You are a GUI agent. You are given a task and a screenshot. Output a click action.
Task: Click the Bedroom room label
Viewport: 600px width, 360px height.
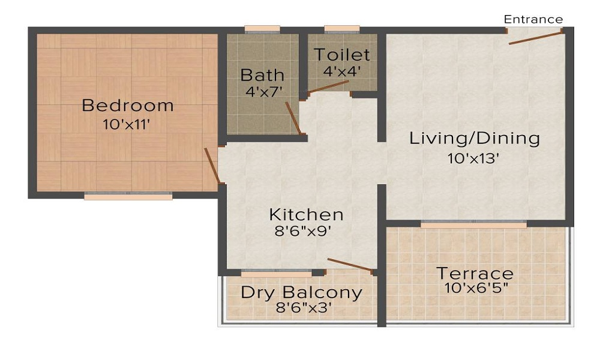pyautogui.click(x=127, y=106)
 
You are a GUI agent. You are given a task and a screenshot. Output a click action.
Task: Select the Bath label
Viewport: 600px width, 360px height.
pyautogui.click(x=262, y=75)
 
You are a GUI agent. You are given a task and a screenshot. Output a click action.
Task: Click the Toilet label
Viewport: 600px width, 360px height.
pyautogui.click(x=343, y=55)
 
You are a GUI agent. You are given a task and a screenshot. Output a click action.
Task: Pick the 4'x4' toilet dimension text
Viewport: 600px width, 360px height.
pyautogui.click(x=343, y=71)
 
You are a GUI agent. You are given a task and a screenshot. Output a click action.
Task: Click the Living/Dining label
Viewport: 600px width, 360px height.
pyautogui.click(x=475, y=139)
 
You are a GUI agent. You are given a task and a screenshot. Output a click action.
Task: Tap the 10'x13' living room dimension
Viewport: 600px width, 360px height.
pyautogui.click(x=473, y=158)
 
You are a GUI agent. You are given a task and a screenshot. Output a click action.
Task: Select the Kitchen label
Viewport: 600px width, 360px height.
pyautogui.click(x=306, y=214)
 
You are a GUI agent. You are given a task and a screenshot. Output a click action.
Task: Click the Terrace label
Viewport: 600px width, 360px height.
pyautogui.click(x=475, y=274)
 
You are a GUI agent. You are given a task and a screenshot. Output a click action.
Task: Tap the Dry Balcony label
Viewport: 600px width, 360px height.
pyautogui.click(x=301, y=293)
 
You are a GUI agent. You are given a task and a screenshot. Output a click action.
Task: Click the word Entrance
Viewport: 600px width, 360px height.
pyautogui.click(x=533, y=19)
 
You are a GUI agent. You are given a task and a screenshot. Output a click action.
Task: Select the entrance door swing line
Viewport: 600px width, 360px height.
pyautogui.click(x=536, y=37)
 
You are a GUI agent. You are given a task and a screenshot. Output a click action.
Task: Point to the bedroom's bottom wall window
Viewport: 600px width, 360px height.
pyautogui.click(x=128, y=196)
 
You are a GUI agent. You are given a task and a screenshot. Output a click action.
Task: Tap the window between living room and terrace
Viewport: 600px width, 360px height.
pyautogui.click(x=473, y=224)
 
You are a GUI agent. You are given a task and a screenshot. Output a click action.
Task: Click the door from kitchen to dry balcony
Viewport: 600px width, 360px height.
pyautogui.click(x=350, y=265)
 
